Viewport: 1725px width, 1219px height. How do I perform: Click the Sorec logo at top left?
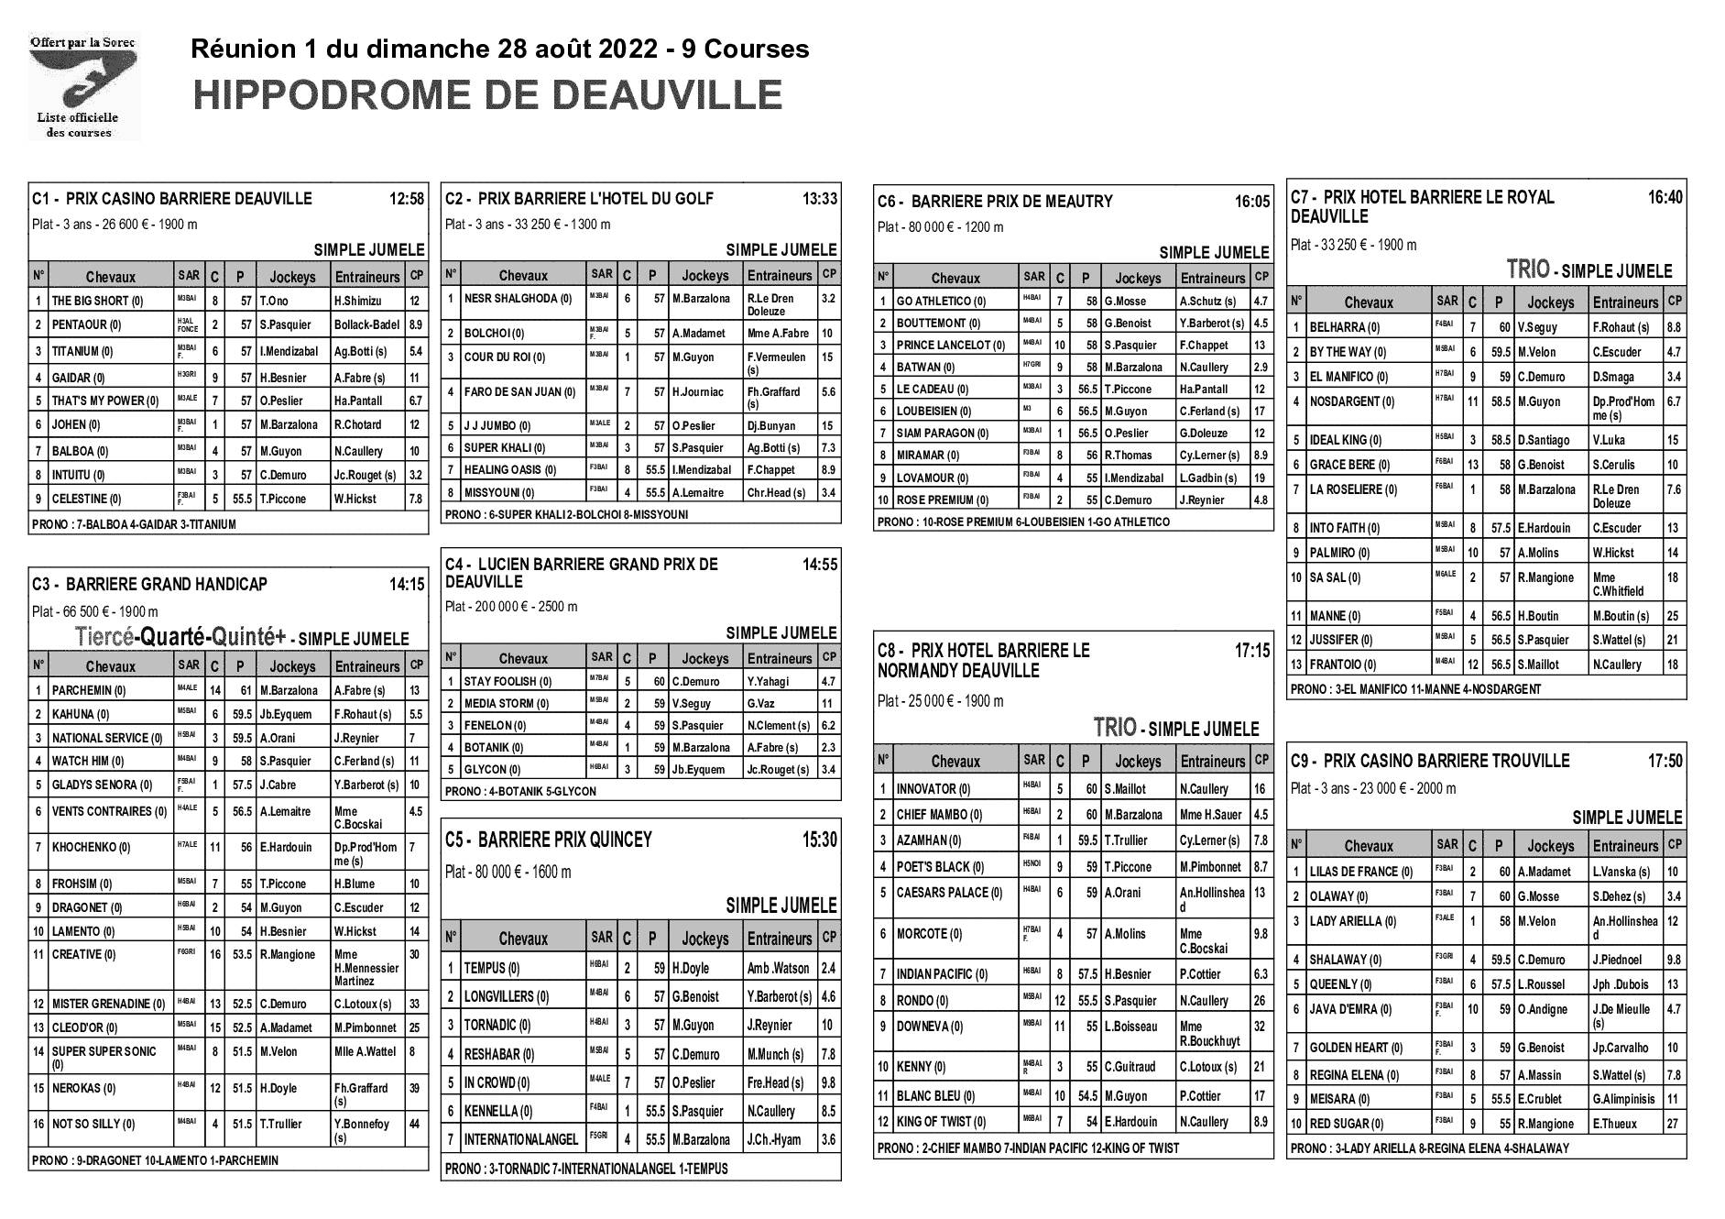83,86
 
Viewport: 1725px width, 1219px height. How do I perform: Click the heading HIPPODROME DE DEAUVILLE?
487,94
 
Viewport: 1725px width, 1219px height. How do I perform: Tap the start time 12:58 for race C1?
407,199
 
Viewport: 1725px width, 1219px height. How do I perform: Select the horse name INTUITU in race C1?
78,475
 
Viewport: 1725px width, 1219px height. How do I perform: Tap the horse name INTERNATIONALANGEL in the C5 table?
521,1140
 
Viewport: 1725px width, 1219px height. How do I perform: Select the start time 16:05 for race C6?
1252,202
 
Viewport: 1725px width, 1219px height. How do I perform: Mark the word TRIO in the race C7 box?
1528,269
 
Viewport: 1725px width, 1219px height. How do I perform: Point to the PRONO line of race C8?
1028,1148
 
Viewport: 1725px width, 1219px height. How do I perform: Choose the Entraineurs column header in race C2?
779,275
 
